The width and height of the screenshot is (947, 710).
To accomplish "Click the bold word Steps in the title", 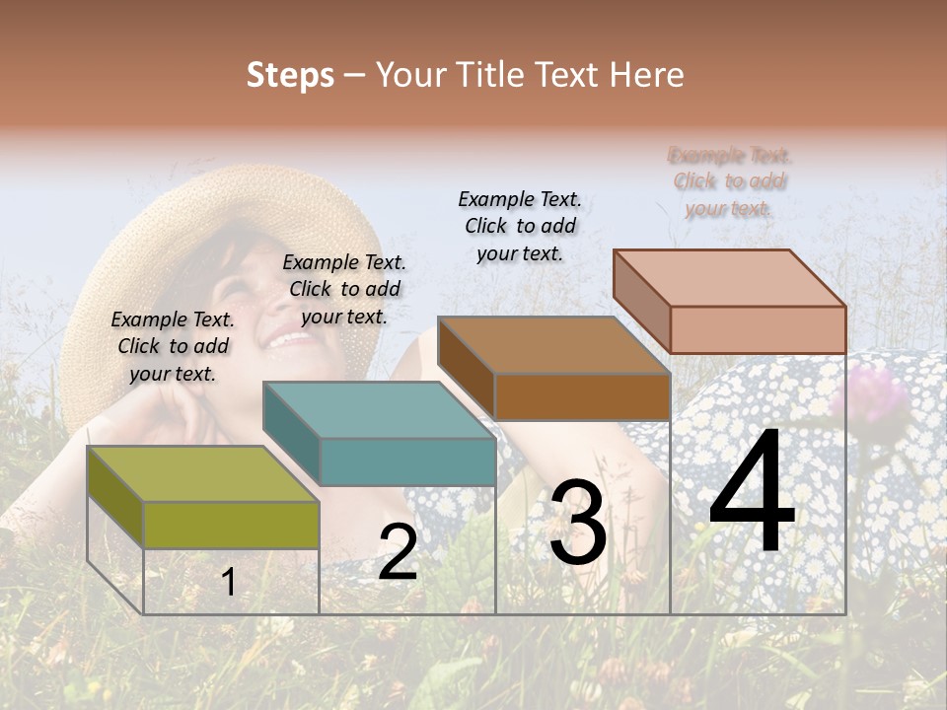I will coord(290,75).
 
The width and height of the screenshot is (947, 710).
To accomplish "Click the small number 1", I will coord(228,582).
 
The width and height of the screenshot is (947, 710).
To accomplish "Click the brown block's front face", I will coord(582,397).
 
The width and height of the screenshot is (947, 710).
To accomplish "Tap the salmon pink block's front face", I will coord(758,329).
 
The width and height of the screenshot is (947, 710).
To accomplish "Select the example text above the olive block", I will coord(173,346).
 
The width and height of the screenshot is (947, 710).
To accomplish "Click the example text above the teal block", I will coord(344,289).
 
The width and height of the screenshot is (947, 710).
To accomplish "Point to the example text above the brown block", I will coord(520,226).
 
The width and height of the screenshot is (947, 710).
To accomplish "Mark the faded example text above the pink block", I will coord(730,181).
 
